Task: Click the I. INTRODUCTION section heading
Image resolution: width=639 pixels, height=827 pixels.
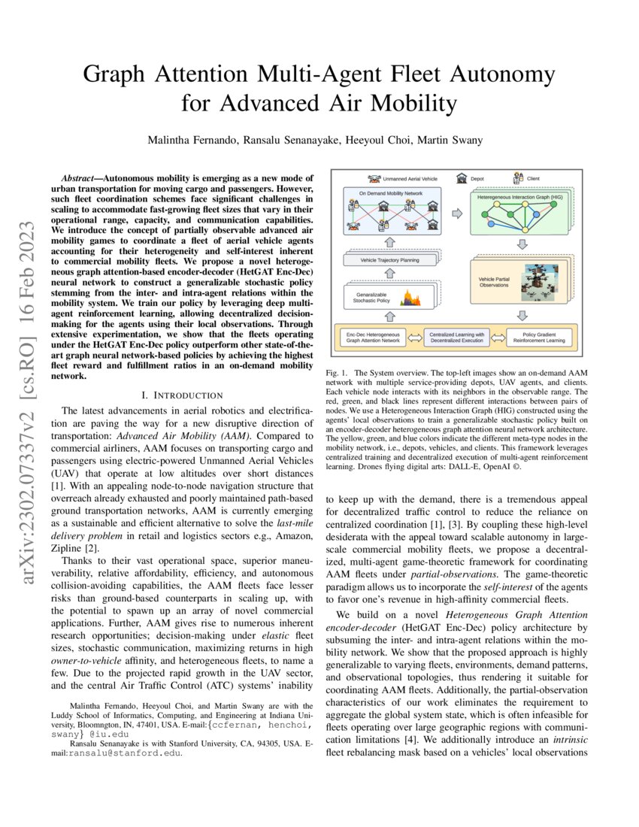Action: (x=183, y=395)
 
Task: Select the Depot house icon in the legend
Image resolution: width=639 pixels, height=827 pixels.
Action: (x=462, y=179)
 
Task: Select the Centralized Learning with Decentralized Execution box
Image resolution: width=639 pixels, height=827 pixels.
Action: (x=457, y=336)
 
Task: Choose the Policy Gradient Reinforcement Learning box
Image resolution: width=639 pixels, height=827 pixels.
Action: (x=540, y=336)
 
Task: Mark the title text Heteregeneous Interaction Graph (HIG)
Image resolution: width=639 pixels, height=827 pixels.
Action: (x=519, y=196)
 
